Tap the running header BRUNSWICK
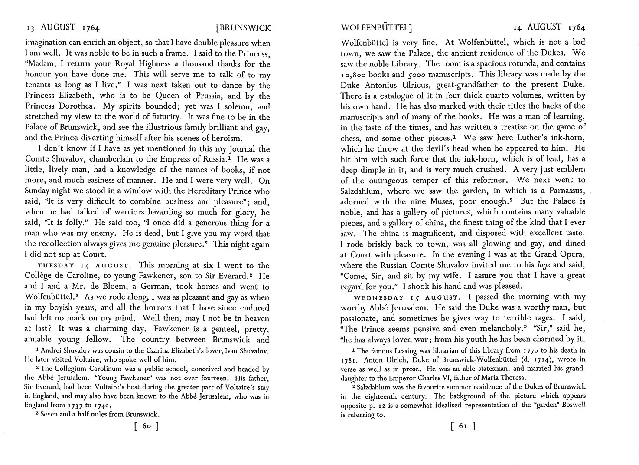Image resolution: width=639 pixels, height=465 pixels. coord(244,29)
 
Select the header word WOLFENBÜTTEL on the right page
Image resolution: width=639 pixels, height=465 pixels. coord(376,29)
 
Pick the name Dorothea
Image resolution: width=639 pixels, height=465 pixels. coord(89,106)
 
